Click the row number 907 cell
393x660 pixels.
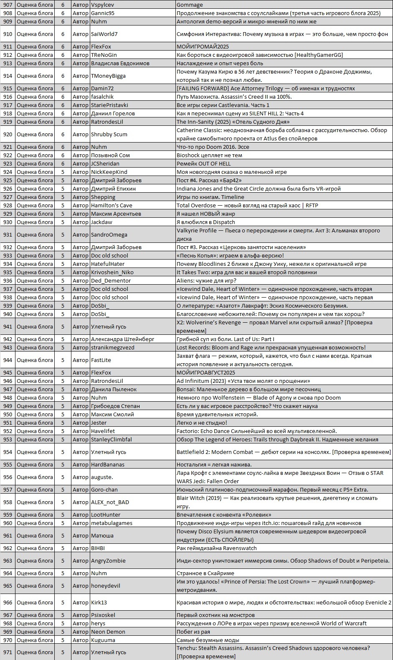8,5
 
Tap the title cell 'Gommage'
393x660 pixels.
190,5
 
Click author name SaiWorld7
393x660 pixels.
104,34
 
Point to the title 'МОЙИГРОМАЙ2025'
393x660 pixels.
203,46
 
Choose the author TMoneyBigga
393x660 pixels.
108,76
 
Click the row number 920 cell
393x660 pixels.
8,134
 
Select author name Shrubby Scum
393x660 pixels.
109,134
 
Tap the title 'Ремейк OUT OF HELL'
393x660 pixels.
203,163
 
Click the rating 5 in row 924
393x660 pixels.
63,172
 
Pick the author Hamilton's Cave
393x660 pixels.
112,205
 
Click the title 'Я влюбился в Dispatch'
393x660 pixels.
205,222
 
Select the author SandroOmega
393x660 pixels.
109,234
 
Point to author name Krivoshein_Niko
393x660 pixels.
112,272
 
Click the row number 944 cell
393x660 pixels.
8,360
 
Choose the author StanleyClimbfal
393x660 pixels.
112,439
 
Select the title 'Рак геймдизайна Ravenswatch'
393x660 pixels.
216,548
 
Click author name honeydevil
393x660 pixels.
106,586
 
